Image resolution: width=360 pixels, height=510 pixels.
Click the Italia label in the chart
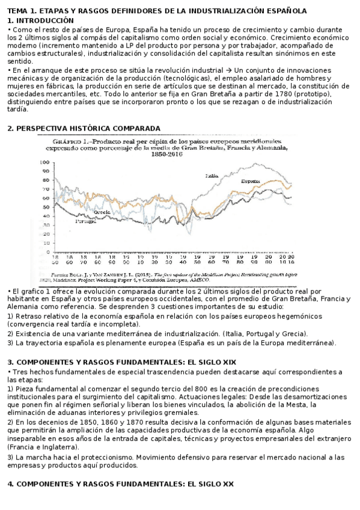point(211,176)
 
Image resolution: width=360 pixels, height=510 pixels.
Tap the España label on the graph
point(250,181)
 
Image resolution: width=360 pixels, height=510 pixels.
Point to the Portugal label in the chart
point(86,221)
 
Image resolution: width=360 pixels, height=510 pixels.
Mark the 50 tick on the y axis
point(45,206)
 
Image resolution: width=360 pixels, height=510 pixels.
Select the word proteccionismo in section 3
point(91,457)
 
